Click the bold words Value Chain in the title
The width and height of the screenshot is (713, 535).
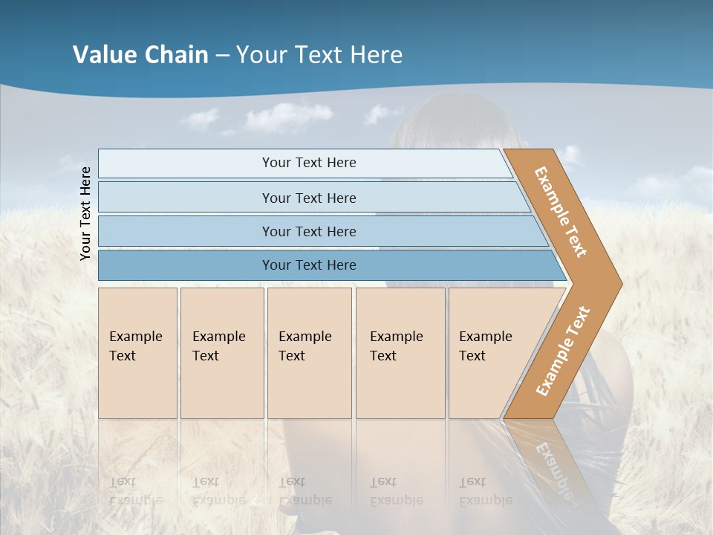(x=140, y=55)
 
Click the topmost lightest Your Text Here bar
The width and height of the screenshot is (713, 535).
(x=308, y=163)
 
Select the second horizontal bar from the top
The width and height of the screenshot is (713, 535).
(x=308, y=198)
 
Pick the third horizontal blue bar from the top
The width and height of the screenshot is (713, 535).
(x=308, y=231)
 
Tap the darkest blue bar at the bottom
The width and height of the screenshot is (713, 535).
(x=308, y=265)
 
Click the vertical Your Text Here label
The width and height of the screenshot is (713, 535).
(x=85, y=214)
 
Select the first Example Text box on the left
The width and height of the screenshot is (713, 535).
(x=137, y=353)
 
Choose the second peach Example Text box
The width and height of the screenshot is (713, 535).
(x=221, y=353)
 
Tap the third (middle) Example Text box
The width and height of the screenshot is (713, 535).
(x=309, y=353)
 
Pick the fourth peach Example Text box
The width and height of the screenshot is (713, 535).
(x=400, y=353)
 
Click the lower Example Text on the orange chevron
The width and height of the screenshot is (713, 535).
(x=562, y=351)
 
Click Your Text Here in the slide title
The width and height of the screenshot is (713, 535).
(x=319, y=55)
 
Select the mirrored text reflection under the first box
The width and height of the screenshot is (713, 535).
(x=136, y=491)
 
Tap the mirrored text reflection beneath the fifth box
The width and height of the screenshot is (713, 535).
(x=486, y=491)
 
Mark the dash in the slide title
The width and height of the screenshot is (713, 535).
(x=221, y=55)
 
